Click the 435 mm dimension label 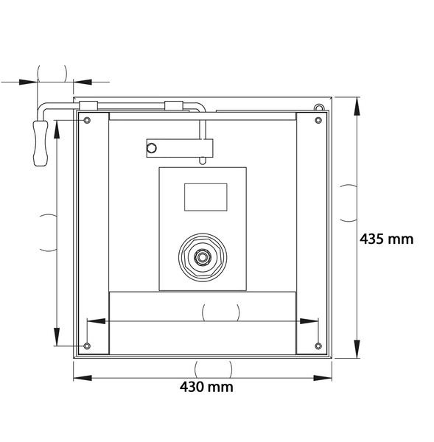click(x=386, y=239)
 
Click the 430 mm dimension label click(x=206, y=387)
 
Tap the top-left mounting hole click(x=87, y=120)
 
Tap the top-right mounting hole click(x=318, y=120)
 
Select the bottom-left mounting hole click(x=87, y=346)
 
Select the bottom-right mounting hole click(x=318, y=346)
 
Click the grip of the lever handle click(x=41, y=143)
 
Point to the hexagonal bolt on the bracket click(x=152, y=148)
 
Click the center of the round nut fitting click(x=202, y=257)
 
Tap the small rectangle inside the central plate click(x=206, y=197)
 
